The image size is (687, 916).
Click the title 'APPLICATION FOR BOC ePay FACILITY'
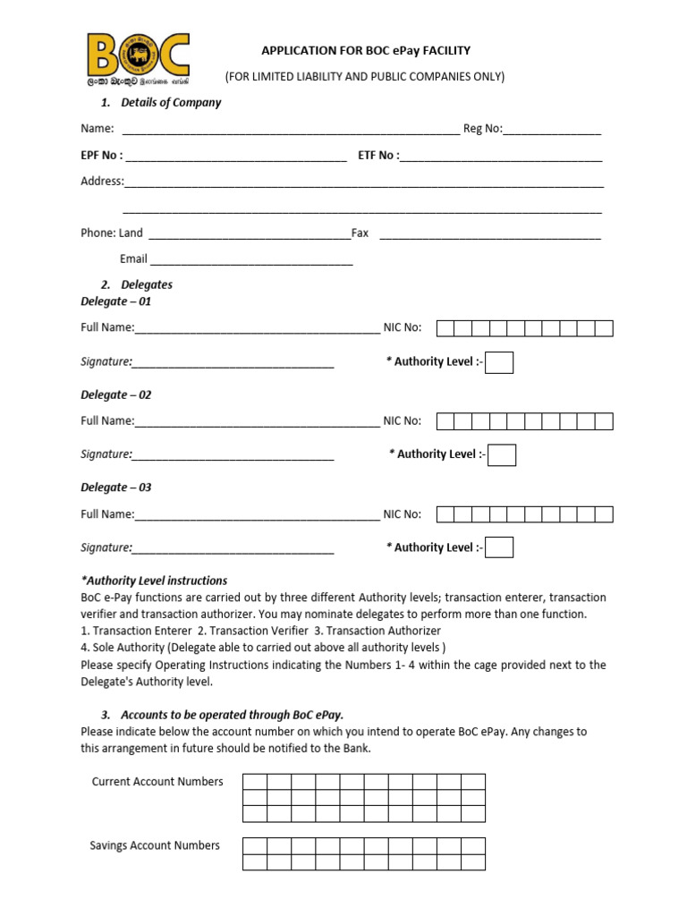tap(364, 51)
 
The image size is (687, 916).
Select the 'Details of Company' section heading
tap(170, 102)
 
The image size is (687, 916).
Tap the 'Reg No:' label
tap(482, 129)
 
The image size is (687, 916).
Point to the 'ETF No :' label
tap(379, 155)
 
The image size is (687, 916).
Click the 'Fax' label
tap(360, 233)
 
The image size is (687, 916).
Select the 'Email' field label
tap(133, 259)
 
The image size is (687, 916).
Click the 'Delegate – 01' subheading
tap(116, 301)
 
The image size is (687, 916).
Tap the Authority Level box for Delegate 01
tap(499, 362)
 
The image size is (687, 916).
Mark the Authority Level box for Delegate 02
tap(502, 454)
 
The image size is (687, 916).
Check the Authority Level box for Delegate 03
tap(499, 547)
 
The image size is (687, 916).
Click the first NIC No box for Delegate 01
tap(445, 328)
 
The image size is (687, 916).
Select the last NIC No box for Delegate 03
tap(604, 513)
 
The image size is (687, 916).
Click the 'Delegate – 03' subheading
tap(116, 488)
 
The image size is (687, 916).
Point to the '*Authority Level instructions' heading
tap(154, 581)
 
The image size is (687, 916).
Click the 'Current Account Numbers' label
tap(157, 782)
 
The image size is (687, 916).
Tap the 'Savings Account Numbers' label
tap(155, 845)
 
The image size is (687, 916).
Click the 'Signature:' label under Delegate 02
tap(106, 454)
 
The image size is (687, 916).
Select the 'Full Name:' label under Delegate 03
tap(107, 514)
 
